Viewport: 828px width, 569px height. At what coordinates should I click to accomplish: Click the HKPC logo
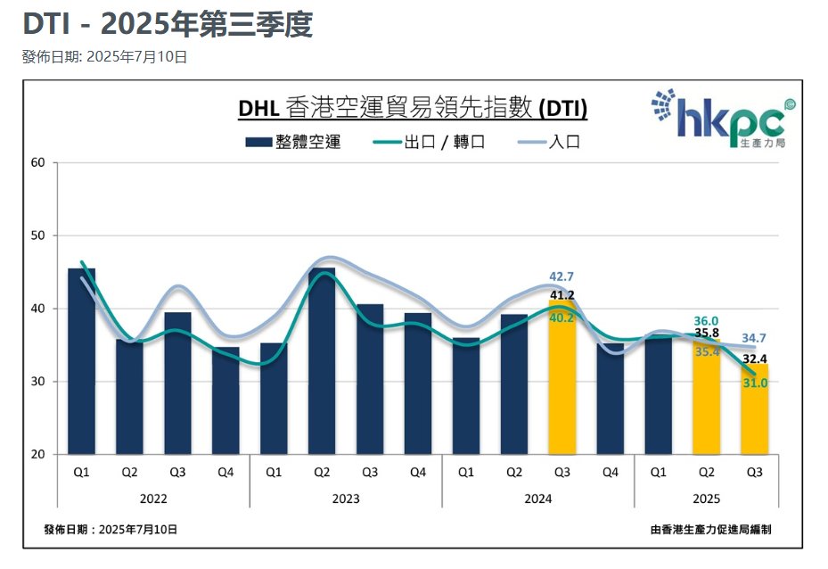(x=723, y=119)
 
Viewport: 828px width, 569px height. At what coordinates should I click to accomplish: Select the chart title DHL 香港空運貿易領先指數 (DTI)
(x=413, y=108)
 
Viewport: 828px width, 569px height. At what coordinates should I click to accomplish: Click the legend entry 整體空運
(x=293, y=142)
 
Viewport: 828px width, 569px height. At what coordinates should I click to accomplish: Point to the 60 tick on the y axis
(x=37, y=163)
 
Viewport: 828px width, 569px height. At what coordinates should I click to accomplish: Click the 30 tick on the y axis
(x=37, y=382)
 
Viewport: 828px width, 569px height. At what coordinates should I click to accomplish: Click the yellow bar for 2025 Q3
(x=754, y=409)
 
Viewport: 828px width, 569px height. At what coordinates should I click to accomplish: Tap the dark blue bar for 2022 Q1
(x=82, y=361)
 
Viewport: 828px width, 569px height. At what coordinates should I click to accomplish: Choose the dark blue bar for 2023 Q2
(x=322, y=361)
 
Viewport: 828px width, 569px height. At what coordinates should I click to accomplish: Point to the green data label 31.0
(x=754, y=383)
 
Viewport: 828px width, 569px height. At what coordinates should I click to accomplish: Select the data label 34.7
(x=754, y=338)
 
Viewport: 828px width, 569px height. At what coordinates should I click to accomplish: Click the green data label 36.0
(x=706, y=321)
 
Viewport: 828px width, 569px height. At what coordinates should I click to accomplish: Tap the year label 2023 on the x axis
(x=346, y=499)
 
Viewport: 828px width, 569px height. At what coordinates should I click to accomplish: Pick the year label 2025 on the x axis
(x=706, y=499)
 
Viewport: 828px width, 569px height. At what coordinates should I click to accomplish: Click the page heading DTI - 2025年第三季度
(x=168, y=25)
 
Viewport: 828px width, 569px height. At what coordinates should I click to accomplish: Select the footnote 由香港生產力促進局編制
(x=711, y=529)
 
